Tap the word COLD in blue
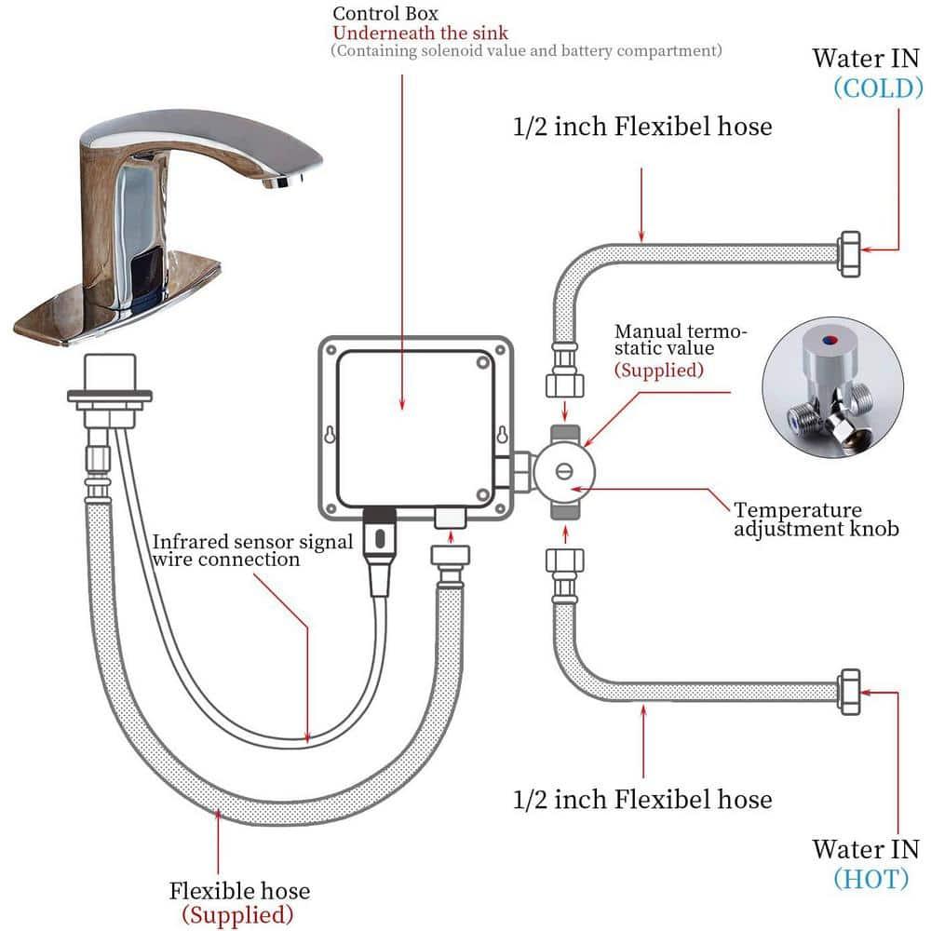[878, 88]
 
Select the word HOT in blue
[871, 878]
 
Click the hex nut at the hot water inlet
[850, 691]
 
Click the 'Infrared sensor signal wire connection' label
[252, 550]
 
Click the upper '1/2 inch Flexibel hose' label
[641, 126]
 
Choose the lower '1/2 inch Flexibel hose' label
[641, 799]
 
